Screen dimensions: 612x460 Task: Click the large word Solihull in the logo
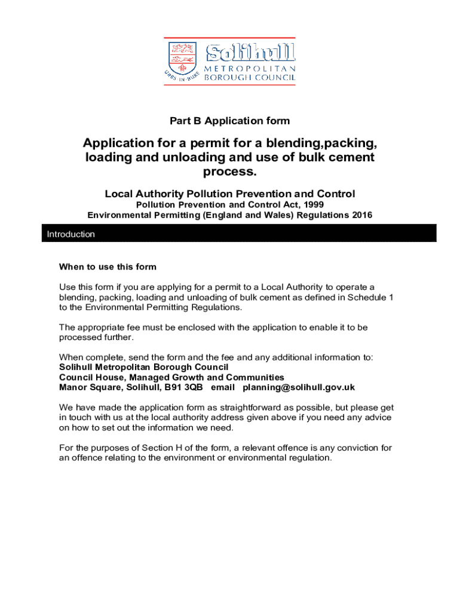pos(250,52)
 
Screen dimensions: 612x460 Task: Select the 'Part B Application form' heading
pos(229,121)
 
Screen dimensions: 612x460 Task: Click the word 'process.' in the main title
pos(229,172)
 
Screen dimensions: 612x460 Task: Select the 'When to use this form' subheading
pos(108,267)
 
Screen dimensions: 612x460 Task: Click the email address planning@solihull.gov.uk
pos(298,387)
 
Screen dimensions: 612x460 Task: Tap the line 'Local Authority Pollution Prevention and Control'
pos(229,194)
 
